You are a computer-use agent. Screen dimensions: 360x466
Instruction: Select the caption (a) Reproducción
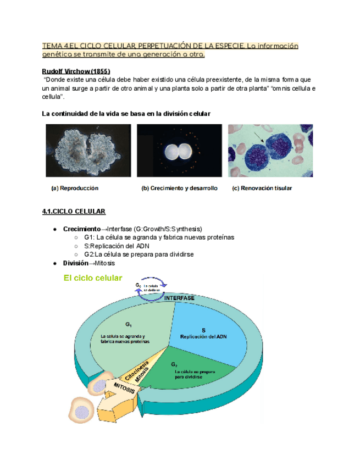pos(74,188)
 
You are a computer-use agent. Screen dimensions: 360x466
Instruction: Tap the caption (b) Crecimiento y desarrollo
pos(179,188)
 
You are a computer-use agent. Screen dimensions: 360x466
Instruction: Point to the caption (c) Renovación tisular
pos(262,188)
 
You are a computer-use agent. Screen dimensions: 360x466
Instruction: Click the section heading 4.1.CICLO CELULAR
pos(74,212)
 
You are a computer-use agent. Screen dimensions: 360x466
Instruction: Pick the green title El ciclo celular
pos(93,278)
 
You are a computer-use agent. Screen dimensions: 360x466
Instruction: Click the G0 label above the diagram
pos(138,285)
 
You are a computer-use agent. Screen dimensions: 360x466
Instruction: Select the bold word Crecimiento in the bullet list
pos(81,229)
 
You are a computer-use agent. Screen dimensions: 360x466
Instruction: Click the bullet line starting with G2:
pos(139,254)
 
